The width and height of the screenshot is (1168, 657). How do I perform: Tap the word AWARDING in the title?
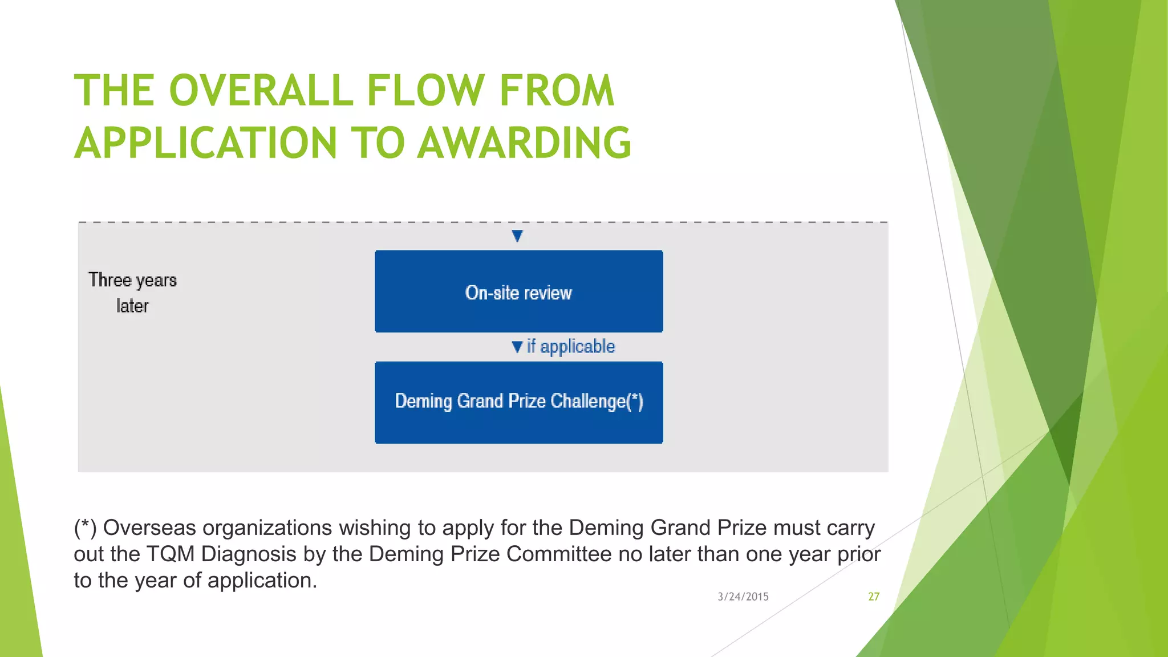pyautogui.click(x=524, y=143)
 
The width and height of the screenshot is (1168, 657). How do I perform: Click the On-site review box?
pyautogui.click(x=518, y=291)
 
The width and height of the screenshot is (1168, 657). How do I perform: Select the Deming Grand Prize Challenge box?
pyautogui.click(x=518, y=403)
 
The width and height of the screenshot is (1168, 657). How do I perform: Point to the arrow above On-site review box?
pyautogui.click(x=517, y=236)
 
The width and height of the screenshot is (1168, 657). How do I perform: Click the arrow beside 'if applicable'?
pyautogui.click(x=517, y=347)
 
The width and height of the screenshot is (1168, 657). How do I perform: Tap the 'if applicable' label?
pyautogui.click(x=570, y=347)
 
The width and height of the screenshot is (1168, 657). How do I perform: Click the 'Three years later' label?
pyautogui.click(x=132, y=293)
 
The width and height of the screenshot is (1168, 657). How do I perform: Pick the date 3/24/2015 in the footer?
pyautogui.click(x=743, y=597)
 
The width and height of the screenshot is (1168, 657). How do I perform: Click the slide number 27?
pyautogui.click(x=874, y=597)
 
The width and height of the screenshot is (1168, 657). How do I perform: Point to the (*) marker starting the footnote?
pyautogui.click(x=85, y=528)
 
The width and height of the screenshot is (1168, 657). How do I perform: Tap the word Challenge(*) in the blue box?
pyautogui.click(x=597, y=401)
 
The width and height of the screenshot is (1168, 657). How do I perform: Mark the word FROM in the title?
pyautogui.click(x=557, y=91)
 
